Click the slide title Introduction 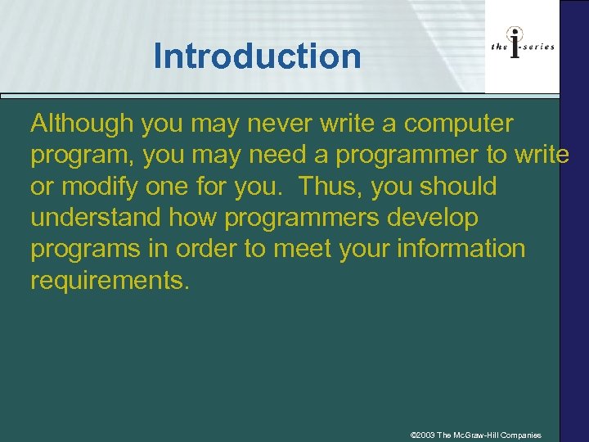pyautogui.click(x=257, y=56)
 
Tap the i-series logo pyautogui.click(x=522, y=46)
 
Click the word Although pyautogui.click(x=82, y=124)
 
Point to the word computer pyautogui.click(x=459, y=124)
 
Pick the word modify pyautogui.click(x=100, y=187)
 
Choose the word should pyautogui.click(x=459, y=187)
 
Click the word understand pyautogui.click(x=92, y=218)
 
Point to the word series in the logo pyautogui.click(x=539, y=47)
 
